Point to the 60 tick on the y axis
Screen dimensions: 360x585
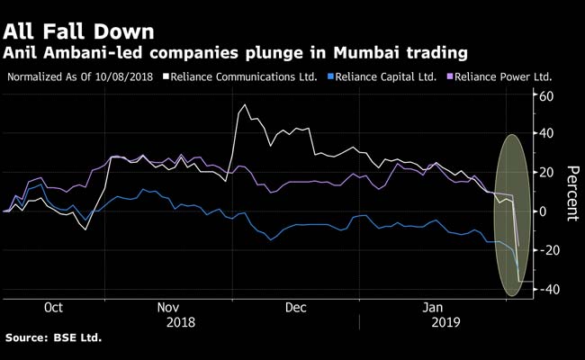click(x=545, y=96)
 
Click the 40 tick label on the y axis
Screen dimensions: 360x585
click(x=545, y=134)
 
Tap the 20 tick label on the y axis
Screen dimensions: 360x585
click(x=545, y=173)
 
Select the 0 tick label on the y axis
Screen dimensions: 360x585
click(x=543, y=211)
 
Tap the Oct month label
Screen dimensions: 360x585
click(x=53, y=307)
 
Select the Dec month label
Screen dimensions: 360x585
click(x=296, y=307)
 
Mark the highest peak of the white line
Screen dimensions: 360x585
click(x=246, y=105)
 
